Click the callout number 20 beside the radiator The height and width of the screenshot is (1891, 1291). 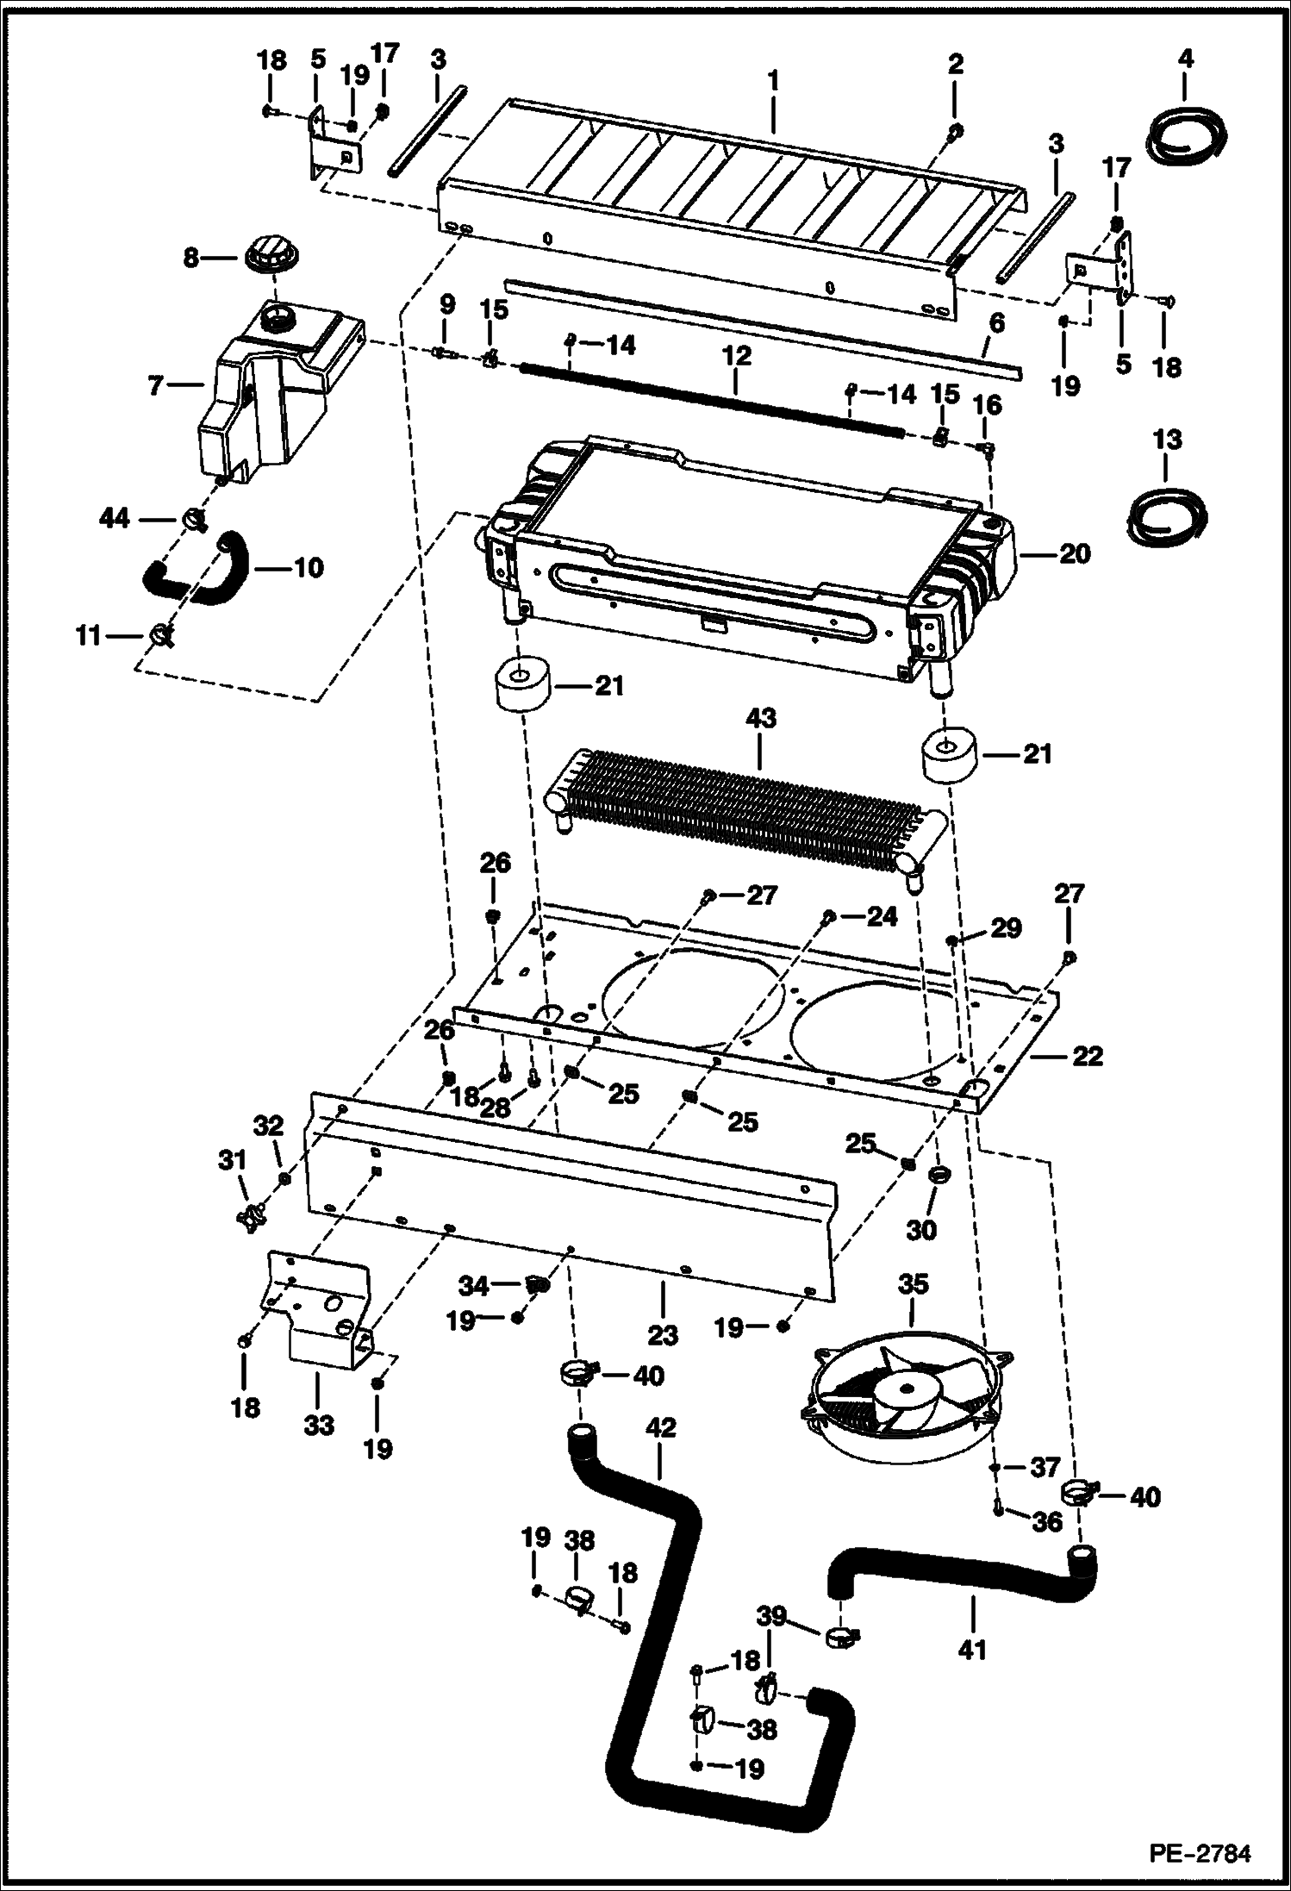(x=1075, y=553)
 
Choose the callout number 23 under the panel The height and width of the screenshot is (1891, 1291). (x=663, y=1335)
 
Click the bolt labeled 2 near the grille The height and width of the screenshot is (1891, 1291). (x=956, y=131)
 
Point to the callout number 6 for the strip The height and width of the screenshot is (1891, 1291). (x=996, y=324)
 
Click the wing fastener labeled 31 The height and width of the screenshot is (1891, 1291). (x=251, y=1218)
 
